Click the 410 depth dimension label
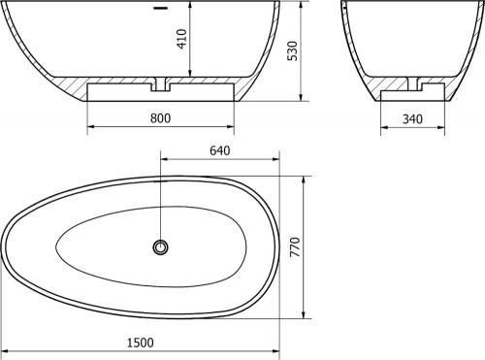(x=182, y=39)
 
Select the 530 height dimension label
(x=293, y=50)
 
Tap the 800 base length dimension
(x=160, y=118)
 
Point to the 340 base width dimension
(x=412, y=119)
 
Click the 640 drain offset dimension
(x=220, y=150)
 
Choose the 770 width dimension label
(x=295, y=247)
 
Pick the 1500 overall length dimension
(x=140, y=343)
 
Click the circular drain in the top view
(x=160, y=247)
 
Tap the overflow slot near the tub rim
(x=160, y=8)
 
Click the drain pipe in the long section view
(x=160, y=84)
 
